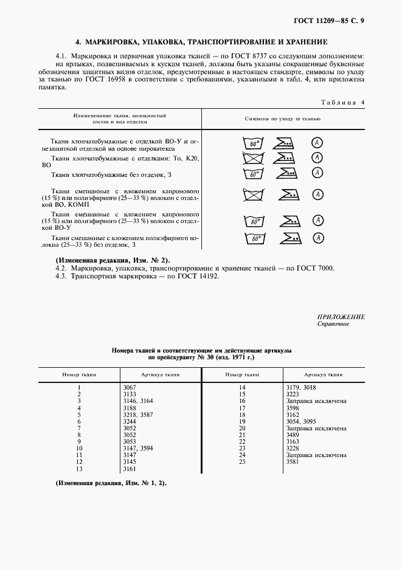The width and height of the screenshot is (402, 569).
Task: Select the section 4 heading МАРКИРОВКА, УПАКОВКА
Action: click(x=201, y=43)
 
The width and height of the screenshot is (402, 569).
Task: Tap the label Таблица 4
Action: click(x=342, y=102)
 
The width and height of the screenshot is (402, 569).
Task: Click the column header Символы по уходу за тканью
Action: click(x=282, y=118)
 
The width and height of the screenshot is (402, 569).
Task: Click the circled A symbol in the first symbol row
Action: click(x=317, y=143)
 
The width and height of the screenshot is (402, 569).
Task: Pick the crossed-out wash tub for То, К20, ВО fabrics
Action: click(x=252, y=159)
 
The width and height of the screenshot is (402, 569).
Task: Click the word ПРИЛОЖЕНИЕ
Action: click(x=341, y=317)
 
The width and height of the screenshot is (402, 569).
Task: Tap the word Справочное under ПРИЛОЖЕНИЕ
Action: click(x=333, y=324)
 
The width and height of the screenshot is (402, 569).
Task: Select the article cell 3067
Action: click(x=130, y=387)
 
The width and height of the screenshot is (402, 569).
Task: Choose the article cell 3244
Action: click(x=130, y=421)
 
